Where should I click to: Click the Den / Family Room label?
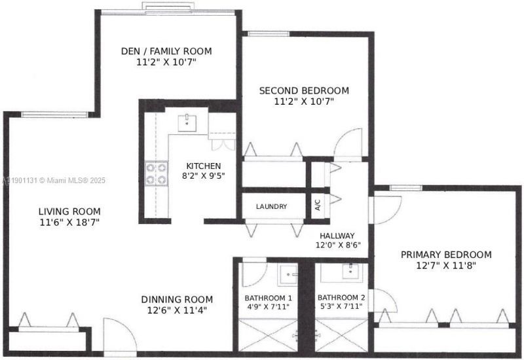point(166,51)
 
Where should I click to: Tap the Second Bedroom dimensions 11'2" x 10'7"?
point(303,101)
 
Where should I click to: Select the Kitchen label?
point(203,166)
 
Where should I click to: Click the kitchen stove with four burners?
point(156,173)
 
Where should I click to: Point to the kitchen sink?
point(189,121)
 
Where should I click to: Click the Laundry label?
point(271,207)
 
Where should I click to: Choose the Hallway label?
point(337,236)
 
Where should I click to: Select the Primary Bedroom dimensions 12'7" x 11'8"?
point(445,265)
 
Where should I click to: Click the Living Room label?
point(69,211)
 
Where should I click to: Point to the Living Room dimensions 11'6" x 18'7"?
point(69,222)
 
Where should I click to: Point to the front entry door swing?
point(119,337)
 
